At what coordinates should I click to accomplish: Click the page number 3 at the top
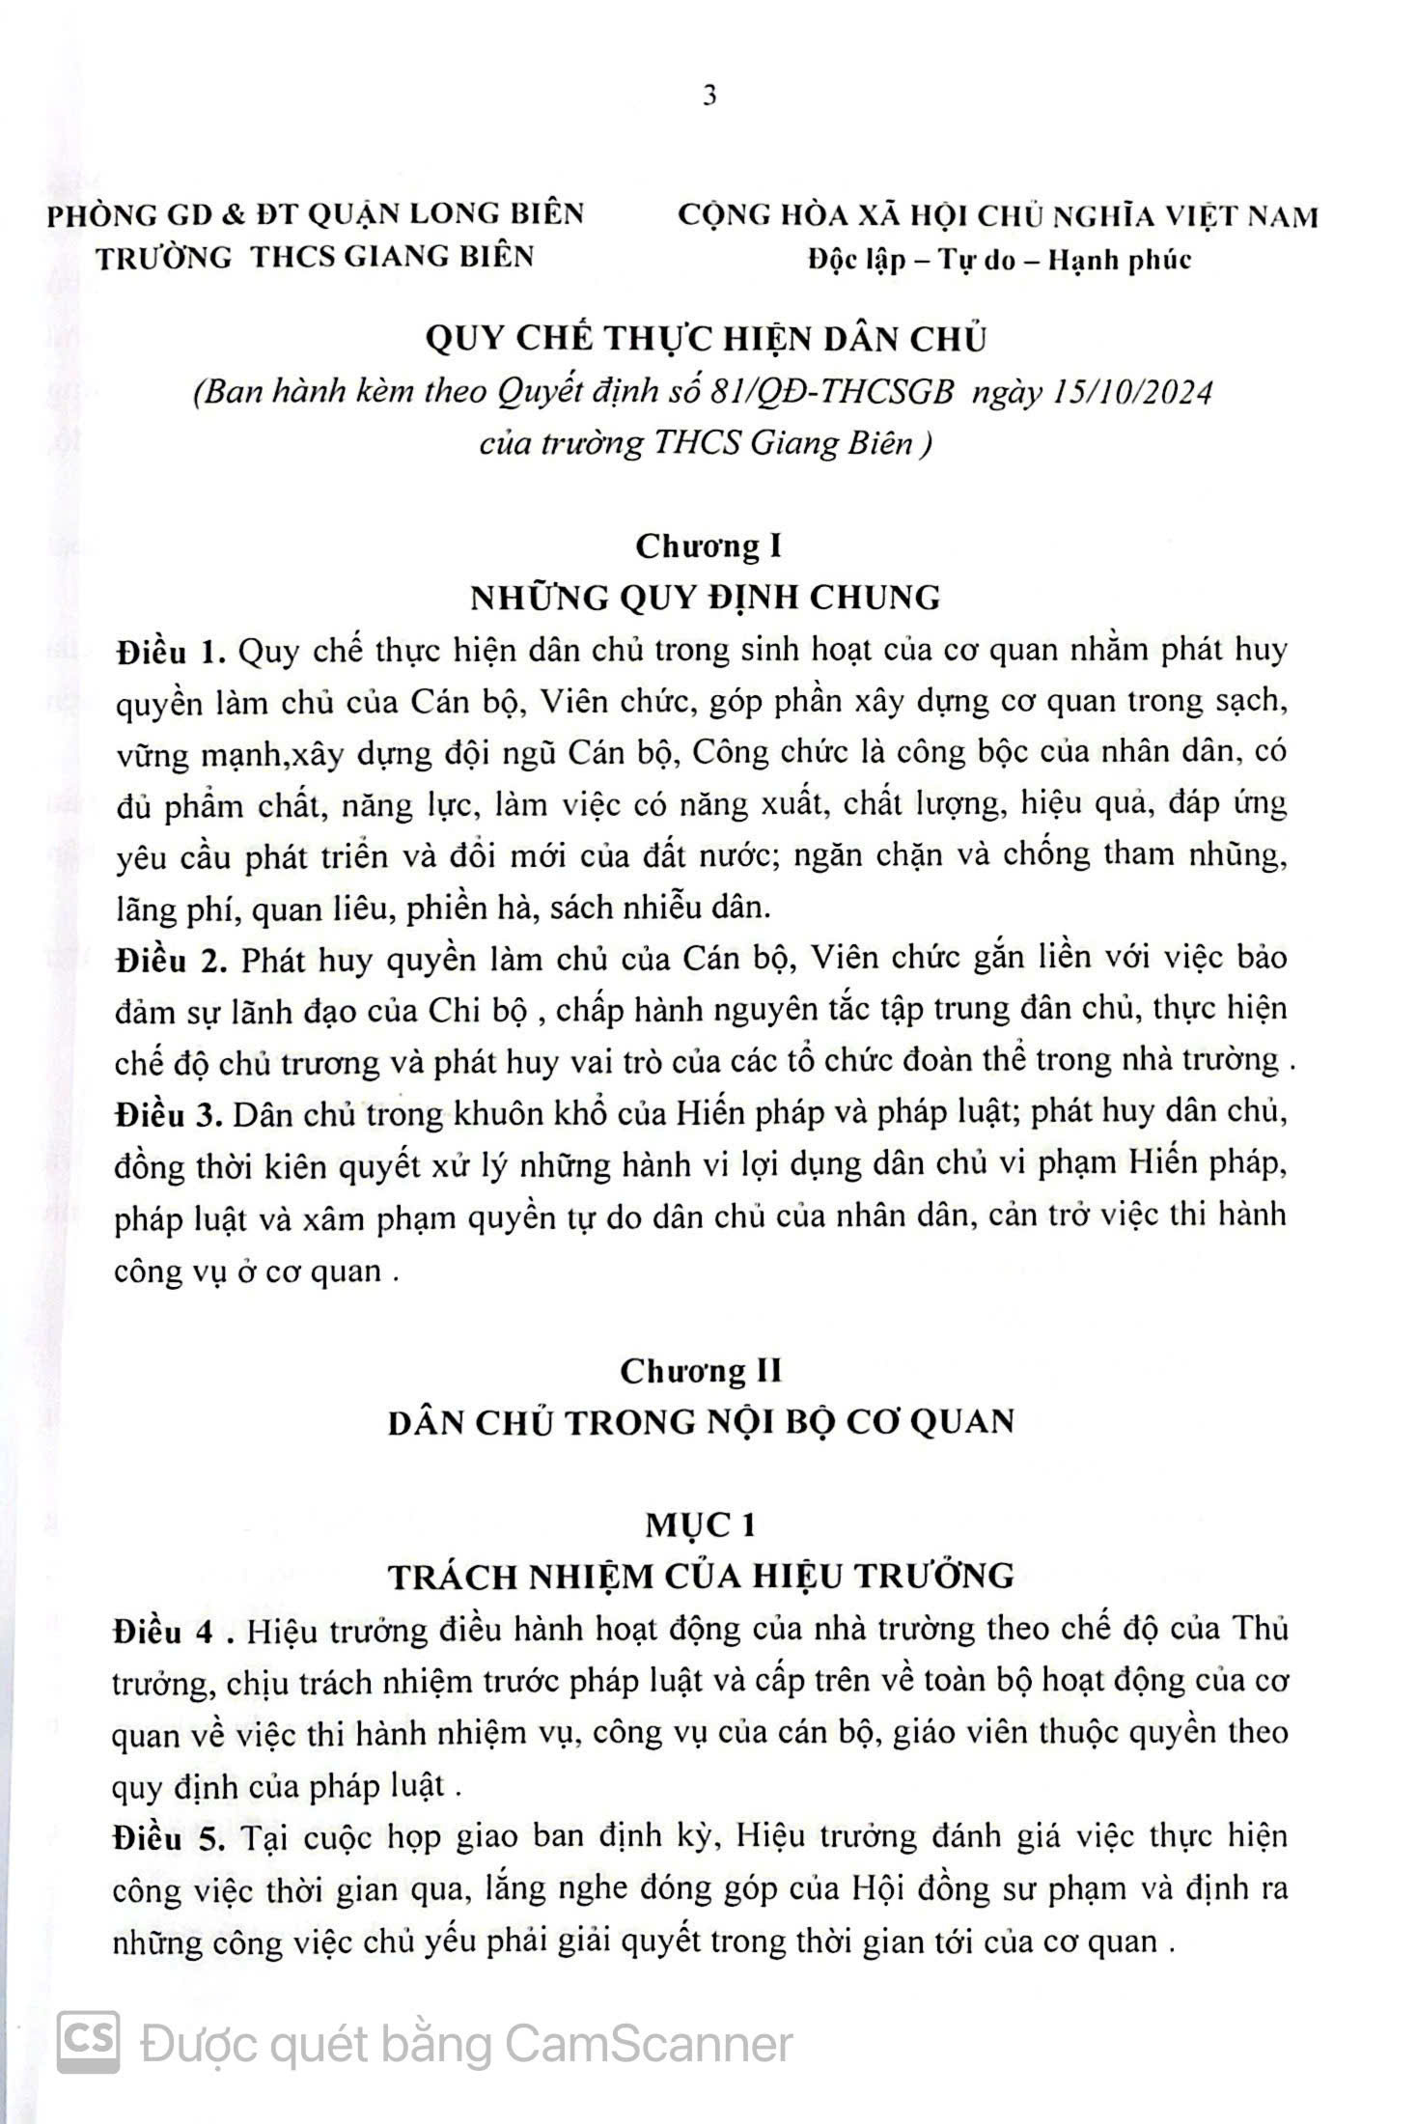(709, 97)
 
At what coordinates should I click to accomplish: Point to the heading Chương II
(701, 1371)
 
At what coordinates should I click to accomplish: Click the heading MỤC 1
(701, 1525)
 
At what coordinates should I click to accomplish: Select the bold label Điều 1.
(168, 652)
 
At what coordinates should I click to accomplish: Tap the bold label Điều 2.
(169, 961)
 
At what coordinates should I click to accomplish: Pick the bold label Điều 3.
(168, 1115)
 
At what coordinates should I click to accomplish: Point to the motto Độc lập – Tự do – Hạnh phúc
(999, 260)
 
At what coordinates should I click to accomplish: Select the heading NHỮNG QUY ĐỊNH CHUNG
(705, 598)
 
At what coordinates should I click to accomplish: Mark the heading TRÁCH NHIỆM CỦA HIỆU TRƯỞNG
(701, 1577)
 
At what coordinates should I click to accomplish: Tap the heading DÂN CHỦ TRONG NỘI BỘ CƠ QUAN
(701, 1422)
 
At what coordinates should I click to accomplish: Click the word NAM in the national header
(1283, 216)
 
